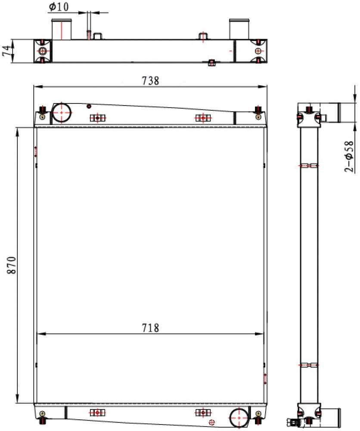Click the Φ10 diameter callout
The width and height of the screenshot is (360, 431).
coord(59,7)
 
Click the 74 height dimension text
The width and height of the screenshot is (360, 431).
coord(7,51)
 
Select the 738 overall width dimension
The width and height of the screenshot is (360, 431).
coord(150,81)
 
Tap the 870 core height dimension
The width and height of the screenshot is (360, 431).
coord(12,265)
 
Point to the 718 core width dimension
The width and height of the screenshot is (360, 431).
coord(150,328)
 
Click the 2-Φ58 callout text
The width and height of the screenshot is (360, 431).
coord(349,156)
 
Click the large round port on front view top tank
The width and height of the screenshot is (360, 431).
coord(62,112)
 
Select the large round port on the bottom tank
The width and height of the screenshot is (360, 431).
coord(239,418)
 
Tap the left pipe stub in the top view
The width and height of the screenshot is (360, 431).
coord(62,29)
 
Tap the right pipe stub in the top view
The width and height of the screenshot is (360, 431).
coord(239,29)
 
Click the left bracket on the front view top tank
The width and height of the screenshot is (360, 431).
coord(97,118)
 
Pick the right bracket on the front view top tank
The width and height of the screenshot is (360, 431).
coord(203,118)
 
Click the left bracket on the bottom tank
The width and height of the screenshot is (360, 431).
coord(97,412)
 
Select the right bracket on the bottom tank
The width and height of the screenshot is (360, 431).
coord(203,412)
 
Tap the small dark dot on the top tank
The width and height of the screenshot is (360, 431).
coord(89,106)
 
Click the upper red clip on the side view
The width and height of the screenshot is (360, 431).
coord(309,166)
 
